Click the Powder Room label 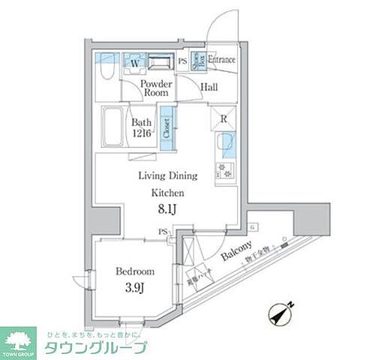click(157, 90)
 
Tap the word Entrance click(222, 60)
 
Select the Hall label click(209, 88)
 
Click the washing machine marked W click(135, 63)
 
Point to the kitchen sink click(226, 142)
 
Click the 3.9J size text click(136, 287)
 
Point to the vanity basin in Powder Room click(160, 63)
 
